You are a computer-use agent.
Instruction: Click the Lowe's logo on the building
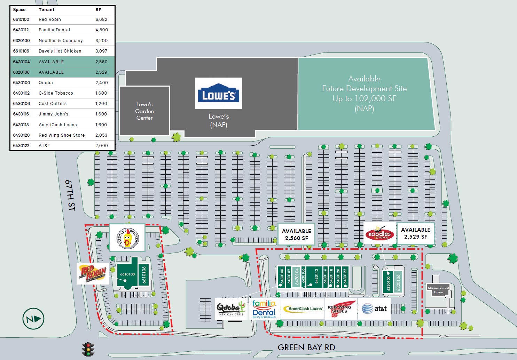pyautogui.click(x=218, y=93)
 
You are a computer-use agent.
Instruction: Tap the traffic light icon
pyautogui.click(x=88, y=349)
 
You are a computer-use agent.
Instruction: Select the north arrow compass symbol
pyautogui.click(x=33, y=319)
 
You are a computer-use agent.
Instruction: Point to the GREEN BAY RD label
pyautogui.click(x=306, y=347)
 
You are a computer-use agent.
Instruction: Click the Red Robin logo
pyautogui.click(x=93, y=273)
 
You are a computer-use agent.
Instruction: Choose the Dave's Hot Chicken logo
pyautogui.click(x=127, y=238)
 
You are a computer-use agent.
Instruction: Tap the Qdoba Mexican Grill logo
pyautogui.click(x=231, y=309)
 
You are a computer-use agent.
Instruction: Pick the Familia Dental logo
pyautogui.click(x=264, y=309)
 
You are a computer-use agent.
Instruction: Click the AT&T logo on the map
pyautogui.click(x=374, y=309)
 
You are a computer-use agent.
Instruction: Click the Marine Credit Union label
pyautogui.click(x=438, y=290)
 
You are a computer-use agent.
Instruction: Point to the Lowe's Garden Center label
pyautogui.click(x=144, y=111)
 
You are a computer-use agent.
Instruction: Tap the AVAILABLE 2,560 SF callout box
pyautogui.click(x=296, y=234)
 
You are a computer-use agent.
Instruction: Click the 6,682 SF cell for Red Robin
pyautogui.click(x=101, y=19)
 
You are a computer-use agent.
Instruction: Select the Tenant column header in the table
pyautogui.click(x=47, y=10)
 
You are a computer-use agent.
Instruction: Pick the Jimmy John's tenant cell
pyautogui.click(x=54, y=114)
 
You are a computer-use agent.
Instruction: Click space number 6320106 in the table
pyautogui.click(x=22, y=72)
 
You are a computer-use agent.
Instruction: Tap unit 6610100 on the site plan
pyautogui.click(x=127, y=274)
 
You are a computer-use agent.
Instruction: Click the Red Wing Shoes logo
pyautogui.click(x=341, y=309)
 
